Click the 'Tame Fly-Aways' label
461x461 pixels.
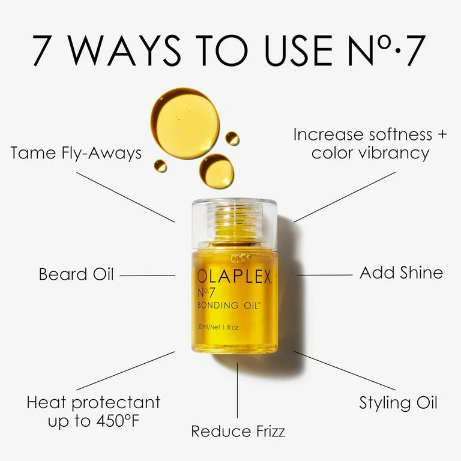point(76,153)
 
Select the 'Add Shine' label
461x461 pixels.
point(401,273)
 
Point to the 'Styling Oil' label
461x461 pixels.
point(398,402)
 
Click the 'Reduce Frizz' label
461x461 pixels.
point(238,431)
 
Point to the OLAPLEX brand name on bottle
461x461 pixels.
point(235,277)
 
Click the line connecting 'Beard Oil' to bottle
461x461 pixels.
point(147,276)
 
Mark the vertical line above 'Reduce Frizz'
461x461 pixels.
point(238,390)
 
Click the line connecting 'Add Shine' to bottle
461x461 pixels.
point(325,275)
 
